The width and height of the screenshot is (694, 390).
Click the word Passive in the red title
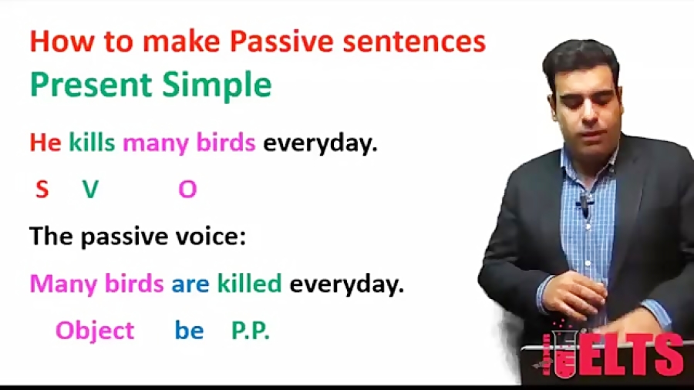281,42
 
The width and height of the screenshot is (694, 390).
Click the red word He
45,143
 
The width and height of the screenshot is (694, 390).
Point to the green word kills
92,142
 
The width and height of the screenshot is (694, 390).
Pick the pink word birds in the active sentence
226,142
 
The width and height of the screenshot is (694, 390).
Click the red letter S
42,190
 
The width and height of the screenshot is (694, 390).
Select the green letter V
91,190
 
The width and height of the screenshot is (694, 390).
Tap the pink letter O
187,190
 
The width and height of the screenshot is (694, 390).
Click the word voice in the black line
207,236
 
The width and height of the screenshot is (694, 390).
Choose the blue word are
190,284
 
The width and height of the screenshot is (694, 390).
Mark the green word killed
250,283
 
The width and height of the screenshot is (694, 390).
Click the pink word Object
95,331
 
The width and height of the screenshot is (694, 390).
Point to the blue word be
189,331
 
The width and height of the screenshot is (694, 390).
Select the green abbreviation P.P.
251,331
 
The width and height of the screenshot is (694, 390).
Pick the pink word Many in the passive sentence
63,284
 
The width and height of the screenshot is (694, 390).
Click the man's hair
579,59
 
